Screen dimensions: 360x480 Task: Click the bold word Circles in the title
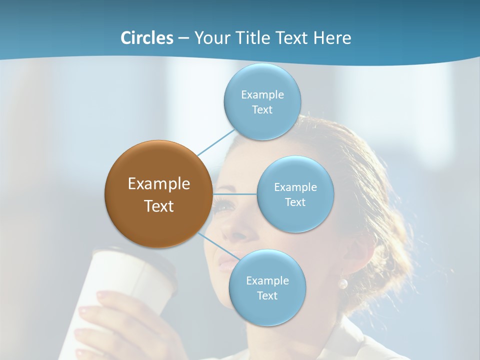coord(146,38)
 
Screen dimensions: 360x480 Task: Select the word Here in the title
coord(332,38)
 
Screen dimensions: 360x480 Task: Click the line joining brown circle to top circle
coord(216,142)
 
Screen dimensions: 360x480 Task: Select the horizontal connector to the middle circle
coord(234,194)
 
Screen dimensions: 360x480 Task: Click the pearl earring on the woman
coord(343,284)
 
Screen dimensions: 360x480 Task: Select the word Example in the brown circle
coord(158,184)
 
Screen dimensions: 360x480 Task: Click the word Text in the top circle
coord(262,110)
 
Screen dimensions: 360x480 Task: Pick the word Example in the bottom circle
coord(267,281)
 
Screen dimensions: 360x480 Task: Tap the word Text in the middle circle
coord(295,202)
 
